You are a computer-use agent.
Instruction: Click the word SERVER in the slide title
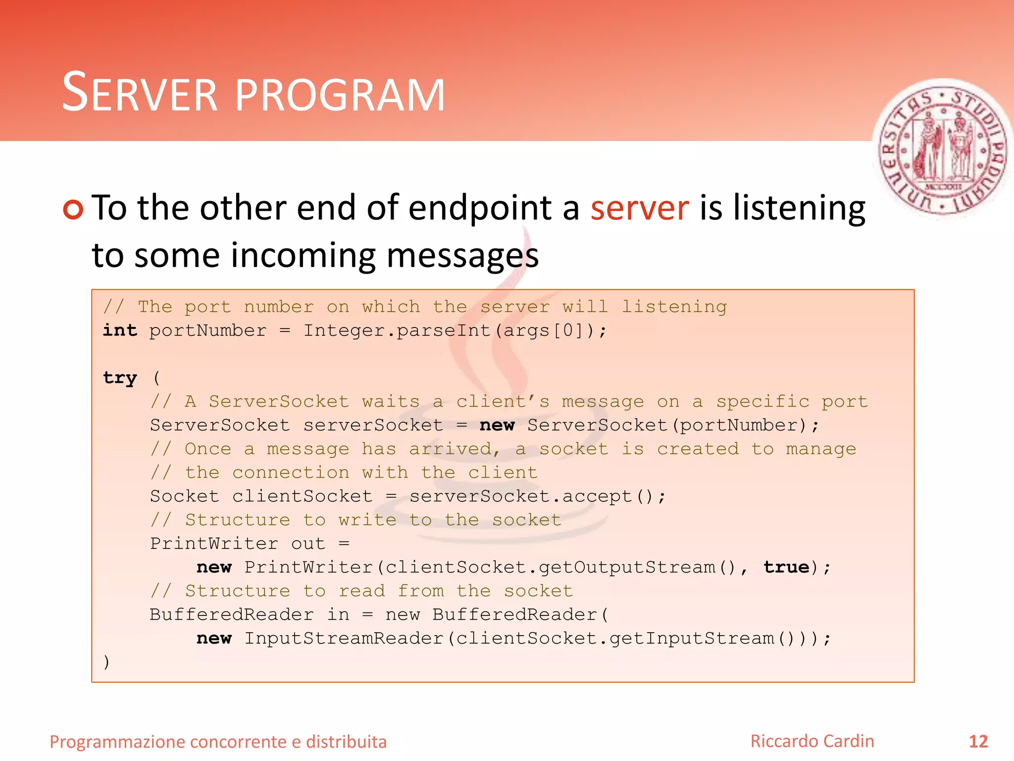140,93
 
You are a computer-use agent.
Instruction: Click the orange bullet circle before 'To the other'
73,209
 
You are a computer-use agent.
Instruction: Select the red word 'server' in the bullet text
639,208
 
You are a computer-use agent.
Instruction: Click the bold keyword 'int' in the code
120,330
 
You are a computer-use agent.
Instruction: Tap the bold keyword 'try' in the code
120,378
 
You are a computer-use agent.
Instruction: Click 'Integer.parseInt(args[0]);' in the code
455,330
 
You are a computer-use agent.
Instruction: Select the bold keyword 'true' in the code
786,567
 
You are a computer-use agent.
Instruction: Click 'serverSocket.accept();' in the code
538,496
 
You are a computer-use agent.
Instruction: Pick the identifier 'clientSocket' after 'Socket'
302,496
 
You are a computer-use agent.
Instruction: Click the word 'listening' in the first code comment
674,307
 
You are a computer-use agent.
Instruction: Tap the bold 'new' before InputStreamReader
214,638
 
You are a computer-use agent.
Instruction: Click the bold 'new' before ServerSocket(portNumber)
497,425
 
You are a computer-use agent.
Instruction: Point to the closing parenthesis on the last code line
106,662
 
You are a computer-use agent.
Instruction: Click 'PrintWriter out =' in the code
250,544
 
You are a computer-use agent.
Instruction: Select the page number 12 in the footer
978,742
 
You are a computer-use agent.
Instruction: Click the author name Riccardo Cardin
812,741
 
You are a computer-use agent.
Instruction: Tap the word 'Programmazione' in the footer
117,742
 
